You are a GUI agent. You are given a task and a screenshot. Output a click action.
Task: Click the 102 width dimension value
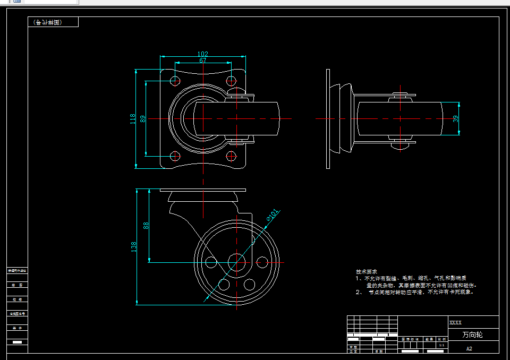click(202, 54)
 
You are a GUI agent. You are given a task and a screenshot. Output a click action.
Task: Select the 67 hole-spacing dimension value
click(203, 61)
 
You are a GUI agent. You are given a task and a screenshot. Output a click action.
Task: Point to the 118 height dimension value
click(133, 119)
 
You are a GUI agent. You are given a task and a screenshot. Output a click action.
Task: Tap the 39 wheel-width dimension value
click(455, 118)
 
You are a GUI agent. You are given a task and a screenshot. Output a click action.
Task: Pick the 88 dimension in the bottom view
click(146, 225)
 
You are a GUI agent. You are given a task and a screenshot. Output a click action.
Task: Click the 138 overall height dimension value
click(134, 246)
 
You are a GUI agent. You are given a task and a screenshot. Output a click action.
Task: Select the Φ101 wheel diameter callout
click(271, 215)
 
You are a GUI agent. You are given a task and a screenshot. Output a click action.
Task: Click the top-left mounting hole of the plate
click(175, 81)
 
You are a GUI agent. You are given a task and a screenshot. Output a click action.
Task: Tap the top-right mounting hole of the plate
click(231, 81)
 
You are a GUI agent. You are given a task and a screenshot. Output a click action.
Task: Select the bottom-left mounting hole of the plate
click(175, 156)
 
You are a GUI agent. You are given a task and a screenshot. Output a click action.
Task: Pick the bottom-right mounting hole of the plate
click(231, 156)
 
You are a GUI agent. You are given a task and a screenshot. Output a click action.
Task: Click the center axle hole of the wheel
click(236, 262)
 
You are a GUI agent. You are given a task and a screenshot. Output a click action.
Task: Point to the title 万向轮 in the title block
click(472, 335)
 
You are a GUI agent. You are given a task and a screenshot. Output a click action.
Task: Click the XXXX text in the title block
click(455, 322)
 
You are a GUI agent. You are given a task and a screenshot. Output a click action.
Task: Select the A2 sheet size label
click(469, 349)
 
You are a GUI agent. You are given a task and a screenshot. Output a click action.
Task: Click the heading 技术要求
click(367, 271)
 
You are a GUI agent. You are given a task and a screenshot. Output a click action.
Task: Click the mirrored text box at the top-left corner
click(53, 22)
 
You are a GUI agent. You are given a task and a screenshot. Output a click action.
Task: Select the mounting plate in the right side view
click(328, 118)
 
